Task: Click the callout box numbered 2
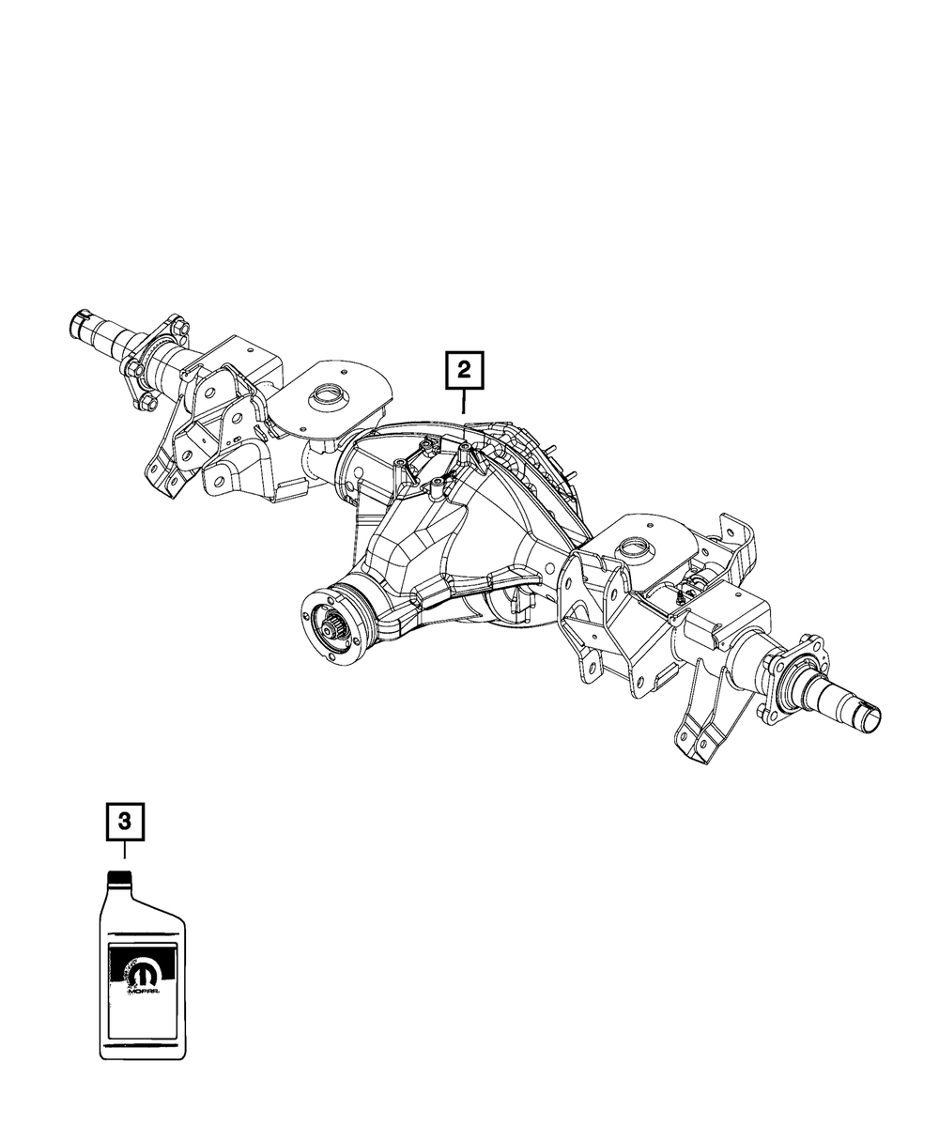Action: pos(465,371)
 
